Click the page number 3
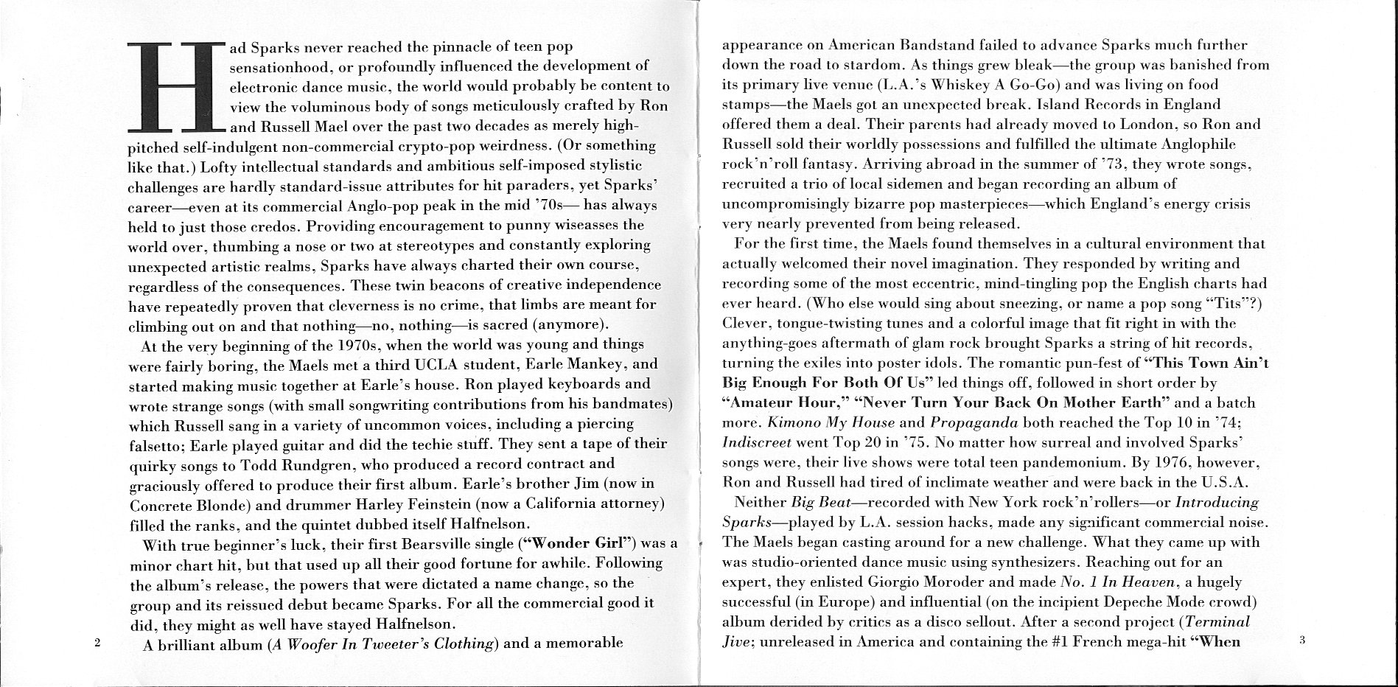point(1302,641)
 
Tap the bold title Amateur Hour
point(779,403)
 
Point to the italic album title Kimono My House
point(831,423)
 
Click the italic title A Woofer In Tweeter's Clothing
point(382,643)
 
